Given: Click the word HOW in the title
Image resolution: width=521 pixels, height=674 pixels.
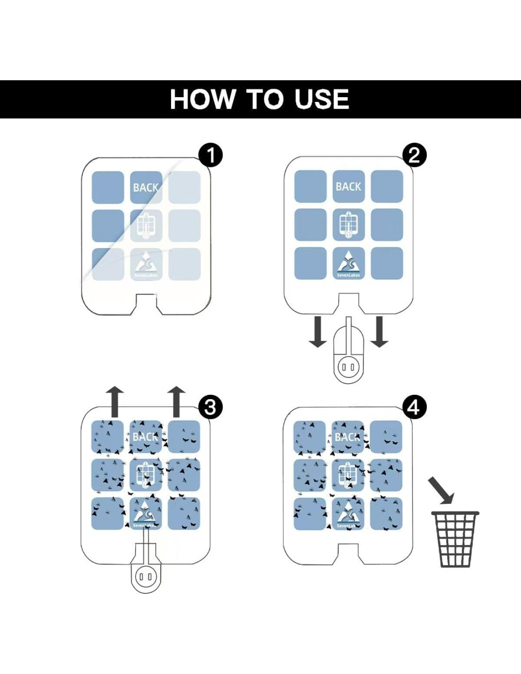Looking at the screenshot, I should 202,100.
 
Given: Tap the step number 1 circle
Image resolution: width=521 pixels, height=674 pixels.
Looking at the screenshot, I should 211,155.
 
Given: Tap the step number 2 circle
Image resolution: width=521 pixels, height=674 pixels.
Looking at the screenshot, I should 414,155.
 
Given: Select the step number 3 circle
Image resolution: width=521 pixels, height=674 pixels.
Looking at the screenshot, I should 210,407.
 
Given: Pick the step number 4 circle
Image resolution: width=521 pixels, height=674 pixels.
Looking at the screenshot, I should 414,407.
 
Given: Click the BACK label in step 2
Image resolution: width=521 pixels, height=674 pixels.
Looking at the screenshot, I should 349,187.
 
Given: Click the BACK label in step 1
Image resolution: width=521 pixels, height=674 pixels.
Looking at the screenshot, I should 146,188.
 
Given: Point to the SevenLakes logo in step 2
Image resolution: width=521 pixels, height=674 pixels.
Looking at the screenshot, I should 349,264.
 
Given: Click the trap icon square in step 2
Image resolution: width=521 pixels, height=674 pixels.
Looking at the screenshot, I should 349,225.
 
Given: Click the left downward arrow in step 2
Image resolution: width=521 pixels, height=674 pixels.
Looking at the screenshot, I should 317,332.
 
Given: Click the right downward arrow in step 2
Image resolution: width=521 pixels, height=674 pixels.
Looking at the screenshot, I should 379,332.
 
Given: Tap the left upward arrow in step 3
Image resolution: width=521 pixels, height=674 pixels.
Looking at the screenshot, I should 115,401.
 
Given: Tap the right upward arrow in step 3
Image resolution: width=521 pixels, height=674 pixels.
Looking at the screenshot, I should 176,401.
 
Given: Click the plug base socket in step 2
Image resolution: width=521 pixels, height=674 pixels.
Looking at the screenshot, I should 349,367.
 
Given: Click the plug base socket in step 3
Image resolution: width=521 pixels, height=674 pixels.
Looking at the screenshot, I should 146,577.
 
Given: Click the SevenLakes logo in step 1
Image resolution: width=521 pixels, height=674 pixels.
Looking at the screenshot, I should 146,264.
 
